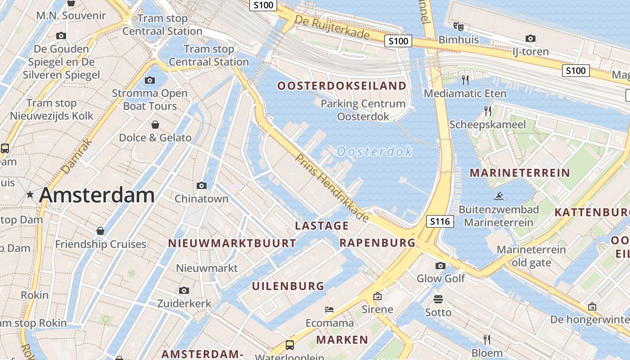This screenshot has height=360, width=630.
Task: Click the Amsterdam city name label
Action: coord(97,195)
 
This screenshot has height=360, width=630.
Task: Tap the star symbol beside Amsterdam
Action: coord(30,195)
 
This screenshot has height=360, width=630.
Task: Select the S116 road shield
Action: coord(440,221)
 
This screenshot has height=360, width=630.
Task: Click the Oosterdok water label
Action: coord(374,151)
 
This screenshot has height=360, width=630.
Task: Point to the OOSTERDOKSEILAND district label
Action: coord(342,86)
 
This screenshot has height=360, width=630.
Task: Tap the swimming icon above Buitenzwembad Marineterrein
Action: coord(499,196)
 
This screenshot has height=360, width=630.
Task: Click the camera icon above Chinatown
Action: coord(202,185)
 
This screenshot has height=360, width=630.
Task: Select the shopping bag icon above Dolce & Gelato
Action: coord(155,124)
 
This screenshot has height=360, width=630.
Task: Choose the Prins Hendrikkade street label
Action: coord(332,188)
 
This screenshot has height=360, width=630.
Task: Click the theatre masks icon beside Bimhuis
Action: coord(458,27)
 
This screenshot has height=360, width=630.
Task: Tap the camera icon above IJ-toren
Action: coord(531,39)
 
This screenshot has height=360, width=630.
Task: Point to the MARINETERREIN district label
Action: coord(520,173)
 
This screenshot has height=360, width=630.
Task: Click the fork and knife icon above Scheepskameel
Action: coord(488,111)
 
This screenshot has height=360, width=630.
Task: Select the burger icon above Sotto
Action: coord(438,299)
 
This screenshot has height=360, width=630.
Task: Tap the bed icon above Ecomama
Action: coord(329,310)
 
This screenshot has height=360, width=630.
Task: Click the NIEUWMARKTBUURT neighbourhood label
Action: coord(232,243)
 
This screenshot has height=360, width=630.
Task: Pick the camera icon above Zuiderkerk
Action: coord(184,290)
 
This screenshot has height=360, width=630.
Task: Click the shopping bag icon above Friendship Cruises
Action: coord(100,231)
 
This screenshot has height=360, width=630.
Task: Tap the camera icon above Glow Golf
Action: coord(441,265)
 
